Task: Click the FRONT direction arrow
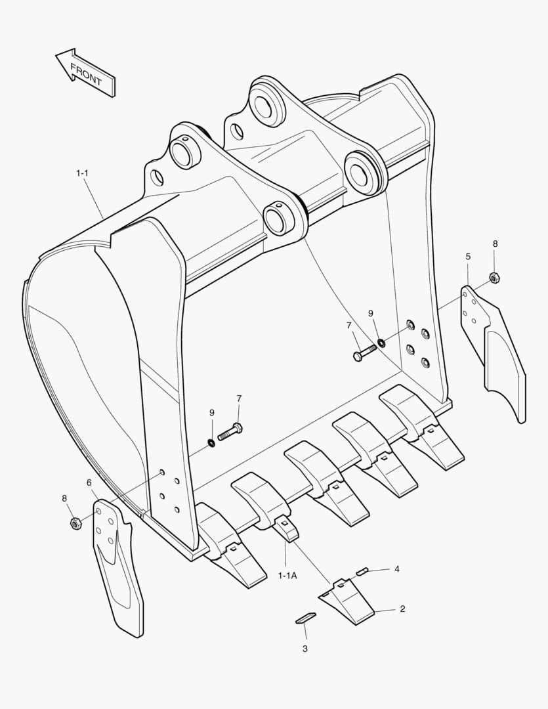click(85, 72)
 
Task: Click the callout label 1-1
click(82, 173)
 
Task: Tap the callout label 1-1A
click(287, 576)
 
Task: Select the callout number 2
click(402, 609)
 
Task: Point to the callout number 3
click(305, 649)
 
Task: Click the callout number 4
click(397, 569)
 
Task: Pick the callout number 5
click(468, 257)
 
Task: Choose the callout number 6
click(89, 483)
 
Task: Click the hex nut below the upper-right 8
click(494, 277)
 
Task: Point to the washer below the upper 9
click(382, 343)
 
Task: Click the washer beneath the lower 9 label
click(211, 442)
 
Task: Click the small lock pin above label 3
click(305, 618)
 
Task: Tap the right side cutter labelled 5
click(494, 353)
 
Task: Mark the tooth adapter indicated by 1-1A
click(285, 527)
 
